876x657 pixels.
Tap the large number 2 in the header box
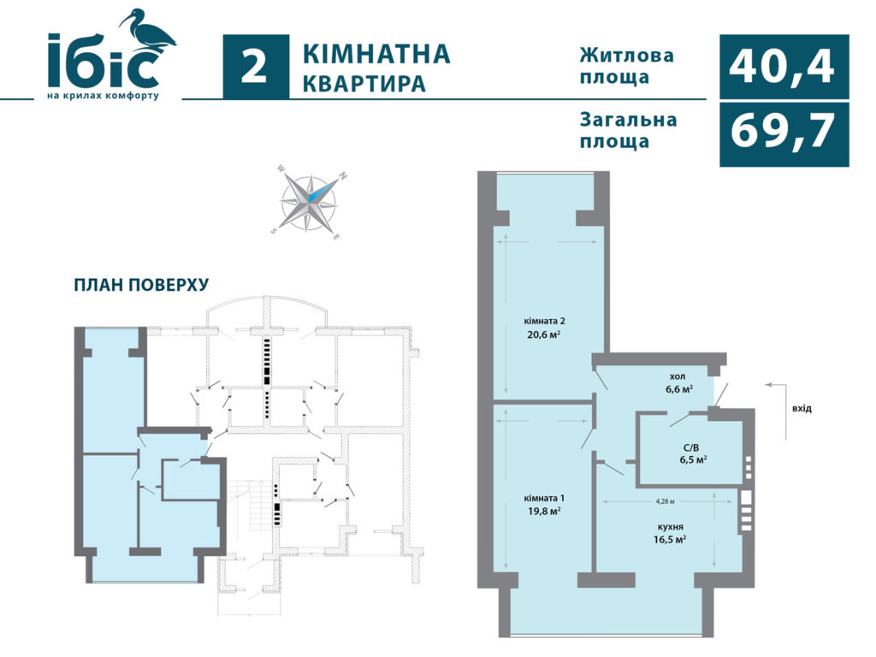pyautogui.click(x=255, y=67)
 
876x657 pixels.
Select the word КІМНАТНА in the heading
pyautogui.click(x=376, y=54)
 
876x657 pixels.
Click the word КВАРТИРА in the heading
pyautogui.click(x=364, y=83)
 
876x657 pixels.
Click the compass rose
pyautogui.click(x=309, y=203)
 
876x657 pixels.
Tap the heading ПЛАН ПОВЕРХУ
pyautogui.click(x=141, y=285)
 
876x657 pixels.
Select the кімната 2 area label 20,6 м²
pyautogui.click(x=544, y=334)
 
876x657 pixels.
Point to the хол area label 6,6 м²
pyautogui.click(x=679, y=389)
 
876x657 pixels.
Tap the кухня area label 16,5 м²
pyautogui.click(x=670, y=540)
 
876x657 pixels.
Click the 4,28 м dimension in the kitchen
pyautogui.click(x=665, y=501)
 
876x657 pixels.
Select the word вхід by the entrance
pyautogui.click(x=802, y=408)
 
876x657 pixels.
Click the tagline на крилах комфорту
pyautogui.click(x=104, y=96)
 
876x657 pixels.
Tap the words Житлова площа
pyautogui.click(x=626, y=66)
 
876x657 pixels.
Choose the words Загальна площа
pyautogui.click(x=628, y=130)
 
